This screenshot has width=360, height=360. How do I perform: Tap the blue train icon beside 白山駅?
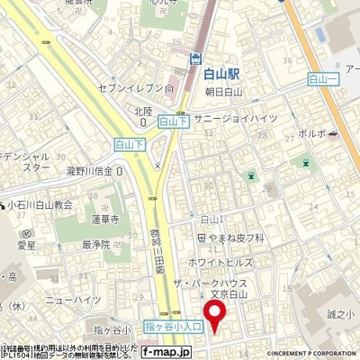coord(194,58)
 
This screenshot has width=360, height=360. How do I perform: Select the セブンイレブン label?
coord(135,87)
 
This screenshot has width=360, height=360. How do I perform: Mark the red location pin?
coord(214,316)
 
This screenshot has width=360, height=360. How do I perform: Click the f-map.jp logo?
coord(163,353)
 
